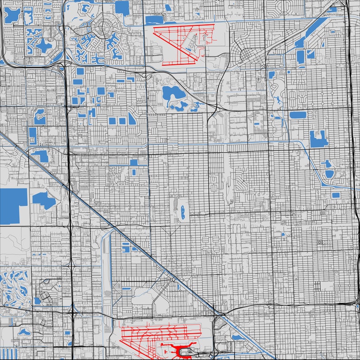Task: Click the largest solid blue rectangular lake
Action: coord(13,206)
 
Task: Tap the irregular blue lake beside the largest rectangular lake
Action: coord(43,200)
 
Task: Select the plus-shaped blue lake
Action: coord(44,45)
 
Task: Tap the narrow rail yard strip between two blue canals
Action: coord(107,258)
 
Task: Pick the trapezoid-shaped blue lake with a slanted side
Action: coord(132,119)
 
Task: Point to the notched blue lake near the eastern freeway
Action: coord(319,139)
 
